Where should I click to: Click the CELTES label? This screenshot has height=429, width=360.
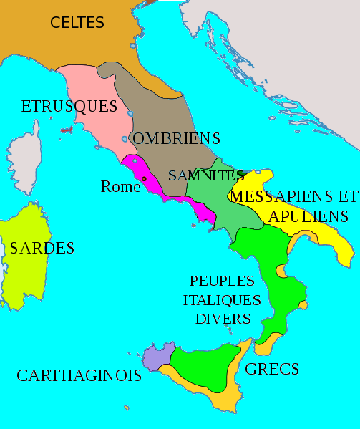point(77,23)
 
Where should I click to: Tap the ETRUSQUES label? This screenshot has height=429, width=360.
point(69,107)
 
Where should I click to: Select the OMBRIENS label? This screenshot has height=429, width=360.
point(177,138)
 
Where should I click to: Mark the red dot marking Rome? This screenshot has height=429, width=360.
point(144,179)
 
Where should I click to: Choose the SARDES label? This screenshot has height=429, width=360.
point(42,249)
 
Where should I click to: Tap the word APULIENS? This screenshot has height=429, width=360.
point(308,216)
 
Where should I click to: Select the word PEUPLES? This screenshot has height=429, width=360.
point(223,279)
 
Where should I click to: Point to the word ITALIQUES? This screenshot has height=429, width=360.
point(222,299)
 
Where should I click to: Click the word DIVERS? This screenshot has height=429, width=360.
point(223,318)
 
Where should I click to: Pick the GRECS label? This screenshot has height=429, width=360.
point(272,370)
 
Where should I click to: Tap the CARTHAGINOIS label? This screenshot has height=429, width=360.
point(79,375)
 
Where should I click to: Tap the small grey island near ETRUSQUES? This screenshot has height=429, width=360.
point(66,131)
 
